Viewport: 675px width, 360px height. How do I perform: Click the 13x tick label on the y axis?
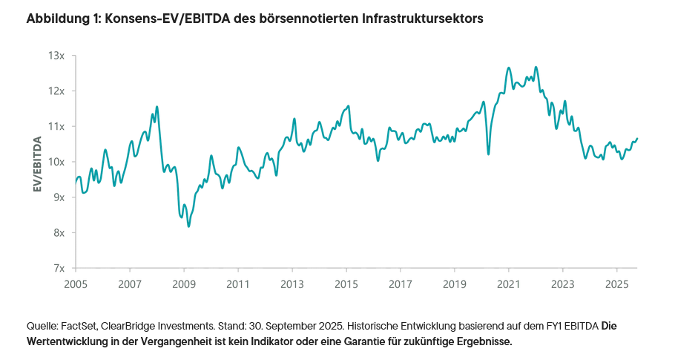point(56,56)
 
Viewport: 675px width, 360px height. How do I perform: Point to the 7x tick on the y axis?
point(58,268)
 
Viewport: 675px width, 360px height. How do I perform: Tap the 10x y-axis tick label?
point(56,162)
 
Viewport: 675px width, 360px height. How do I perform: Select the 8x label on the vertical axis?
point(58,232)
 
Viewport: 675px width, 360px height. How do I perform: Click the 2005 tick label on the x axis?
point(76,284)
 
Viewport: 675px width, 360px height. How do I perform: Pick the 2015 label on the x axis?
point(346,284)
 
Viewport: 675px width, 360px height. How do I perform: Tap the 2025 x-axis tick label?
point(616,284)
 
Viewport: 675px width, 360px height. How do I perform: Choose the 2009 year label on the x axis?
point(184,284)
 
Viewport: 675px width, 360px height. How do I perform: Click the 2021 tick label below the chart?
point(508,284)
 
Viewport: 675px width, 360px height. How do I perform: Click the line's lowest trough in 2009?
point(188,226)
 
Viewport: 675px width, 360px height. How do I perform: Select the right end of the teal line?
point(637,138)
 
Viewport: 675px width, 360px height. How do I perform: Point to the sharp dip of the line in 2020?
point(488,154)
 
